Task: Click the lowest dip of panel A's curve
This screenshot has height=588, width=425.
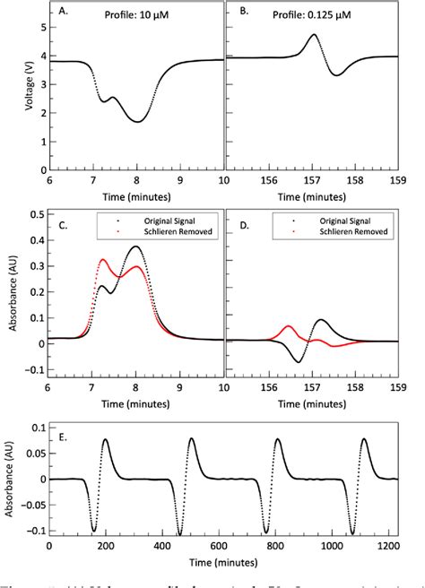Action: (x=136, y=121)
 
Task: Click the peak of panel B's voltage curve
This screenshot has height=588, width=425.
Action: (x=313, y=35)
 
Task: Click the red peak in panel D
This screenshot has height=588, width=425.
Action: (x=288, y=326)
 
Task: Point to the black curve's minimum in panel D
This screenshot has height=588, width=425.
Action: (x=299, y=361)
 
